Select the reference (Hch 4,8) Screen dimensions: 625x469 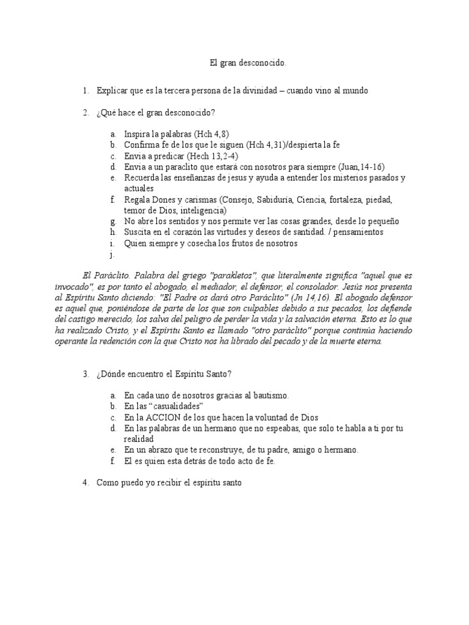211,134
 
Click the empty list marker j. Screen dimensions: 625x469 112,255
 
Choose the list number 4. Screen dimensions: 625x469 85,483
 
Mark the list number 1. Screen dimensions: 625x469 85,90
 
